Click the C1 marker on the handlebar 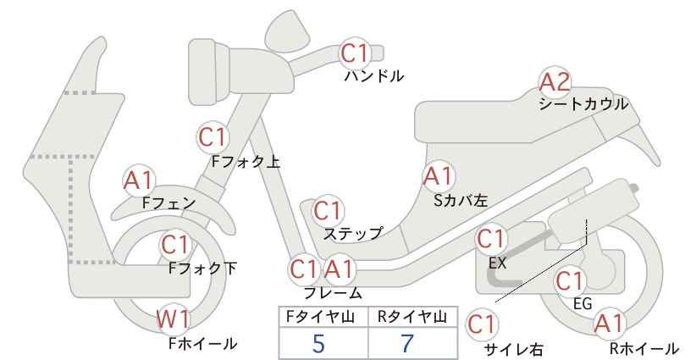coord(355,53)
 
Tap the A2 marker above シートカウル coord(555,81)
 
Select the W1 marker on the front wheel coord(174,320)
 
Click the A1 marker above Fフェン coord(139,181)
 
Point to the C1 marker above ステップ coord(328,211)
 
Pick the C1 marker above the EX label coord(491,239)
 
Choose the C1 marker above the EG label coord(570,281)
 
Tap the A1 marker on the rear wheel coord(610,324)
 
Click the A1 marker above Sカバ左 coord(438,177)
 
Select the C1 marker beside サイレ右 coord(482,324)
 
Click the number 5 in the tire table coord(318,344)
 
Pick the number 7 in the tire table coord(407,344)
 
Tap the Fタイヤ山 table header coord(320,317)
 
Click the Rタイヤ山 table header coord(412,317)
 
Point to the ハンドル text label coord(374,76)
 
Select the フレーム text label coord(333,293)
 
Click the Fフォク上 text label coord(246,162)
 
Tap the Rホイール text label coord(644,348)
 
